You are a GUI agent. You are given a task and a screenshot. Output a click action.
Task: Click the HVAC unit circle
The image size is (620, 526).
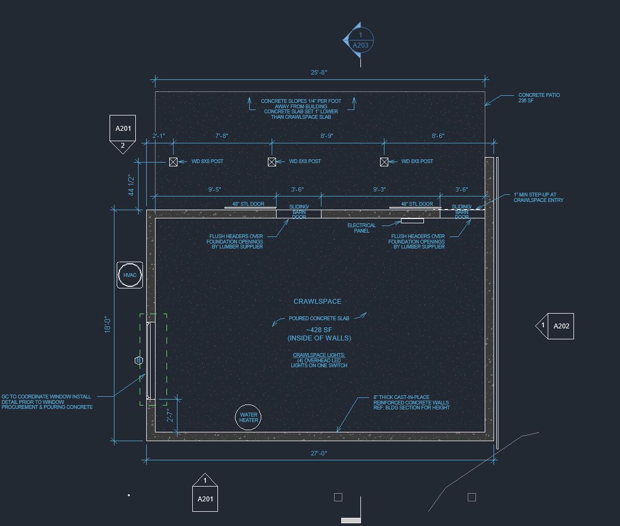(x=130, y=275)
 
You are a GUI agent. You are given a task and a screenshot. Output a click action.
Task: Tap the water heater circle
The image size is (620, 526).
(x=248, y=418)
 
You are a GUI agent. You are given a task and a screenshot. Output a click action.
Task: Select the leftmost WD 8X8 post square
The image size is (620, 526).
(x=173, y=161)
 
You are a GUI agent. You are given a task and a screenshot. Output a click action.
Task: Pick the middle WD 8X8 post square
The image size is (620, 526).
(x=272, y=161)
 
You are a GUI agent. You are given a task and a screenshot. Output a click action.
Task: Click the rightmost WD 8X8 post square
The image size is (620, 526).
(x=384, y=161)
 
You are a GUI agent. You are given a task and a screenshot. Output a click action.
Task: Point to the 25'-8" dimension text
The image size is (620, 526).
(x=319, y=73)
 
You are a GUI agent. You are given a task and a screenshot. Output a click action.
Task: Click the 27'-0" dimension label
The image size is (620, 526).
(x=319, y=453)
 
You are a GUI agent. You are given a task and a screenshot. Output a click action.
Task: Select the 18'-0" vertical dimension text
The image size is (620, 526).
(x=108, y=325)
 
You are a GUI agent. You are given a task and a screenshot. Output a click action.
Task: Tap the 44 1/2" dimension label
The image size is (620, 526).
(x=131, y=186)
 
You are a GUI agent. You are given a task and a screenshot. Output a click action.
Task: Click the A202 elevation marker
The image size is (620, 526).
(x=560, y=326)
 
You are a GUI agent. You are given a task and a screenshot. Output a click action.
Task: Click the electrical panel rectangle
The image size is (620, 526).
(x=412, y=221)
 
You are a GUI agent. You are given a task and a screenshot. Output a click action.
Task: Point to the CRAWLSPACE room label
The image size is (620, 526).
(x=317, y=302)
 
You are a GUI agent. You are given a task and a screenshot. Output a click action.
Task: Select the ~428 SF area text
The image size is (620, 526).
(x=319, y=330)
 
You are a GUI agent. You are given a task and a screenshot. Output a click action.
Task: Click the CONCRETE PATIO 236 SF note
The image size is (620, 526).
(x=539, y=98)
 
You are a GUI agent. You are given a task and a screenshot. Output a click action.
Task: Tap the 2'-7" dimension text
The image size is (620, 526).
(x=170, y=416)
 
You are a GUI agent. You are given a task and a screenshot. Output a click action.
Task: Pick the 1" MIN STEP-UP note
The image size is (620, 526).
(x=538, y=197)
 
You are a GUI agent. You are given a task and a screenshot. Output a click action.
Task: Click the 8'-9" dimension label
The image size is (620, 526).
(x=326, y=136)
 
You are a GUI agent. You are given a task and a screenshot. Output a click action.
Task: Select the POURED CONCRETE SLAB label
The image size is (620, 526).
(x=319, y=319)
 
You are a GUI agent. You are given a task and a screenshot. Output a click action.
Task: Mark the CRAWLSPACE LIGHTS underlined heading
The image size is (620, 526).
(x=319, y=355)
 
